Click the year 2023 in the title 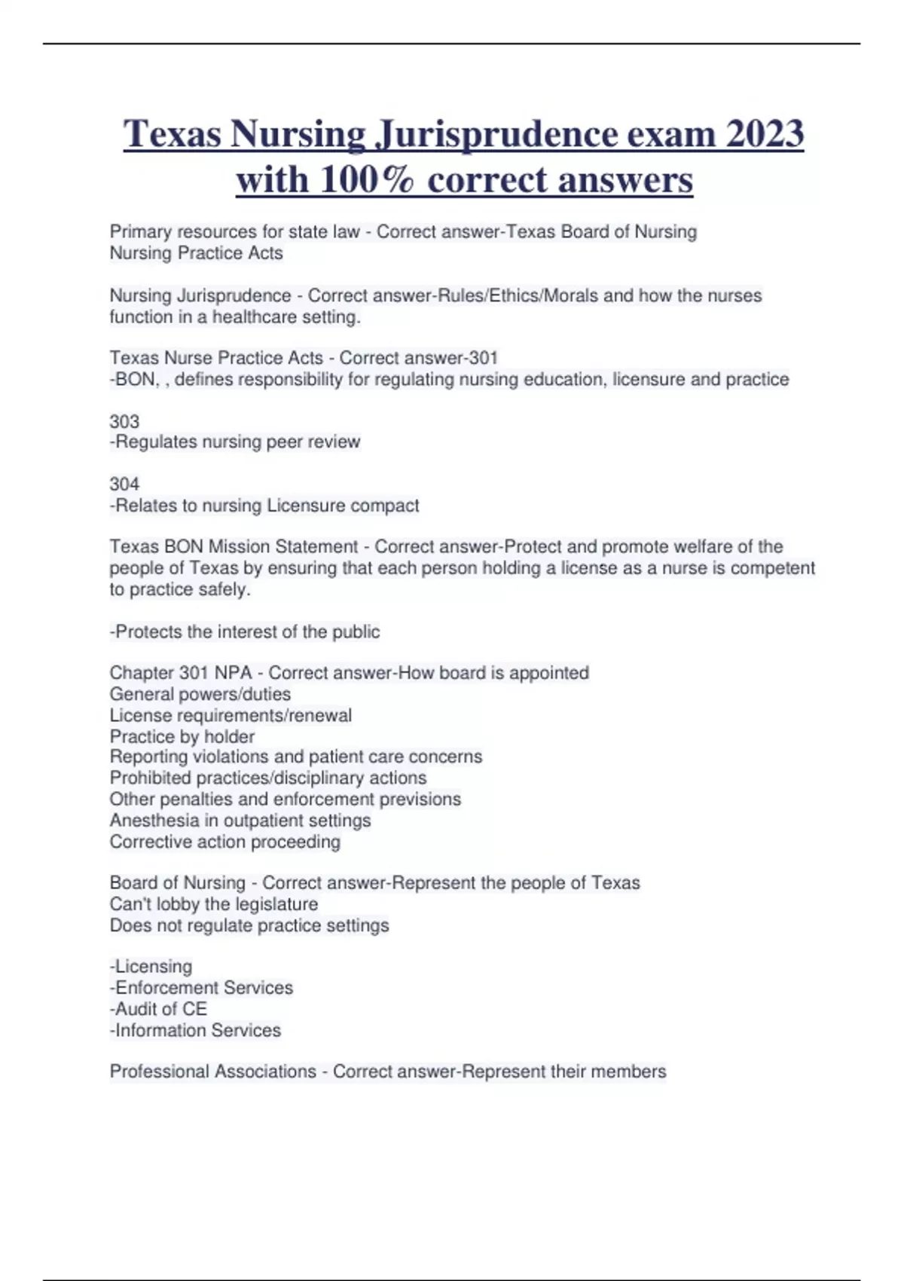click(765, 134)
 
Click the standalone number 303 click(124, 421)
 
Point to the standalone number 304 click(124, 484)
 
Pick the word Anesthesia click(148, 821)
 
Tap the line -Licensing click(151, 967)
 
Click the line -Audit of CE click(158, 1009)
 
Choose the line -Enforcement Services click(201, 988)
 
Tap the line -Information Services click(195, 1030)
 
